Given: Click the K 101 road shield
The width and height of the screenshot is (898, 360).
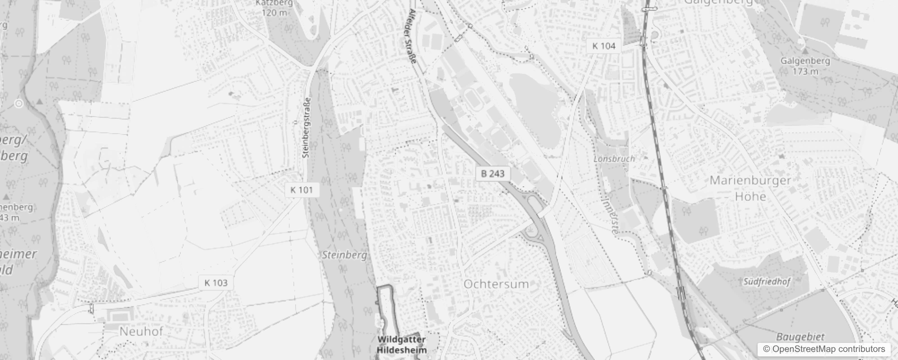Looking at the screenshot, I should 302,190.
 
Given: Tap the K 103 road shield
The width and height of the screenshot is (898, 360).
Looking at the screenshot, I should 216,283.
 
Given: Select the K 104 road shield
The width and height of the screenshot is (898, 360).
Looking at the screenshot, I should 604,46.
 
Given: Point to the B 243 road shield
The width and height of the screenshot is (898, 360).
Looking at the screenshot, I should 493,174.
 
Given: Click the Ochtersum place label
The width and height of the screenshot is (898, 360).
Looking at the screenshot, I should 496,284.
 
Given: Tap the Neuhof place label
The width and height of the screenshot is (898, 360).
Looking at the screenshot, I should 141,332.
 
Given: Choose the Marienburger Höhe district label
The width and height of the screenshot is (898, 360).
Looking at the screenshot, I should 750,188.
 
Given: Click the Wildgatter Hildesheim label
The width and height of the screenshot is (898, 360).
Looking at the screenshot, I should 401,344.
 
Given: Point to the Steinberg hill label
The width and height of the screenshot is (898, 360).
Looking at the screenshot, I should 344,255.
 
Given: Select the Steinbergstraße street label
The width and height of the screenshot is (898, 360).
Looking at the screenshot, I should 307,128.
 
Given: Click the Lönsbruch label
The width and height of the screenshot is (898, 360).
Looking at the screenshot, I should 614,159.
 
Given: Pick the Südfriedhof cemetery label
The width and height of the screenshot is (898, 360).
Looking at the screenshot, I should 766,282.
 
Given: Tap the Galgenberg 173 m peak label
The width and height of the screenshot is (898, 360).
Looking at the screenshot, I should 805,66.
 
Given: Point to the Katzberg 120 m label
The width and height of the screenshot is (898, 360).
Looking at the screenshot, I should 274,8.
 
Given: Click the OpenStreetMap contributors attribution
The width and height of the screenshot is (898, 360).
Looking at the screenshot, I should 823,349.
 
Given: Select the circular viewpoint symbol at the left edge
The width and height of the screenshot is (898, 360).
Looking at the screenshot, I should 18,104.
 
